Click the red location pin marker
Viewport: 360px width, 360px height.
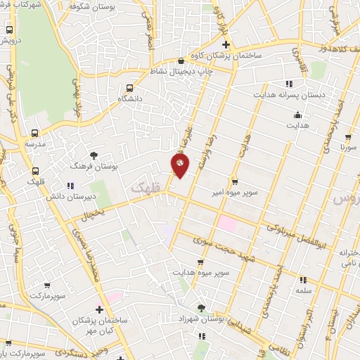[181, 165]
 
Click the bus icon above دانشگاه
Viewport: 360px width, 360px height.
[129, 89]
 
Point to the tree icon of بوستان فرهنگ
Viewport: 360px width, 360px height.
[94, 155]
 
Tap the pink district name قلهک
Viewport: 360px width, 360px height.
[146, 188]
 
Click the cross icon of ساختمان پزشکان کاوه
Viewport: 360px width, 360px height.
[226, 44]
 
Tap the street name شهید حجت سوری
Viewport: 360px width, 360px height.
[205, 249]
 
